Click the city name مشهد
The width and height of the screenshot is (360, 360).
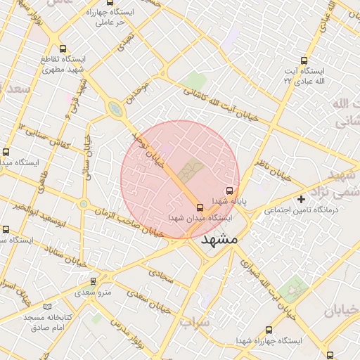219,239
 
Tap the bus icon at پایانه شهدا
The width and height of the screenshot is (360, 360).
229,190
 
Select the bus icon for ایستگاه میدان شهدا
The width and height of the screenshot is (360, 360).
200,207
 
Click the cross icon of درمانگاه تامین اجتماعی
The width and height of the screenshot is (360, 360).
302,199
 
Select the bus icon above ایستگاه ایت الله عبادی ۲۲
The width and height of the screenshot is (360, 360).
304,60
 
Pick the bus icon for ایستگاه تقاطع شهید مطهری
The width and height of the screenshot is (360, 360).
64,49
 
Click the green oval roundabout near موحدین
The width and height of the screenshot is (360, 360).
114,108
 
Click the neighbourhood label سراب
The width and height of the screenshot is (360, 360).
195,322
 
